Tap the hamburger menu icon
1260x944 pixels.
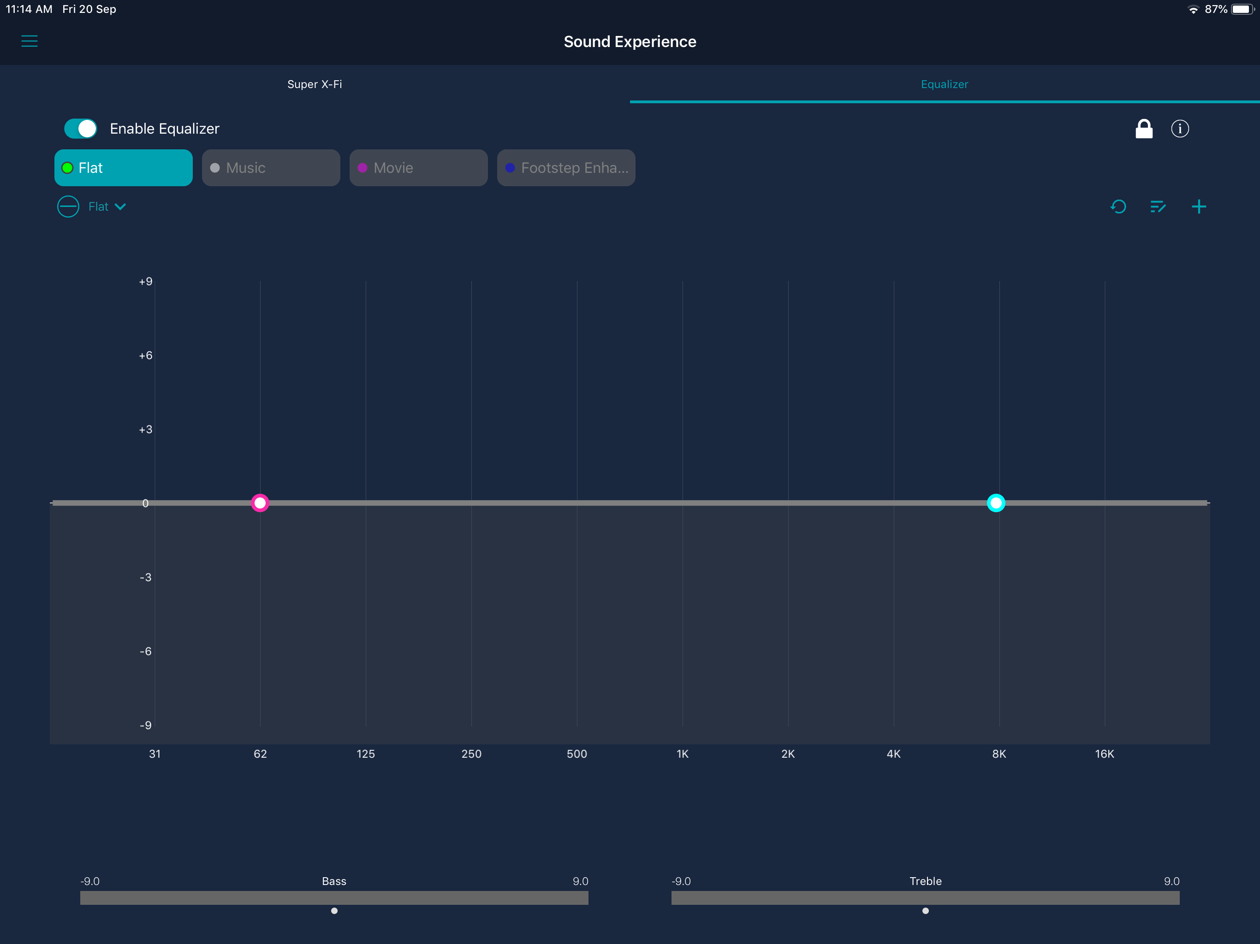(30, 41)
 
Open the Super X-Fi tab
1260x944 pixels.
(315, 84)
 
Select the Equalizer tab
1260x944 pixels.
(945, 84)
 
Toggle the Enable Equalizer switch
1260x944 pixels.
(80, 129)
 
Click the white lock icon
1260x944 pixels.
(1144, 129)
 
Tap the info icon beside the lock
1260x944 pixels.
(1180, 129)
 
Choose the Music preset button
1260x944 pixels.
(271, 168)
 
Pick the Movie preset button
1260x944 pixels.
(419, 168)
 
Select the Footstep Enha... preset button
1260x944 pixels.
(566, 168)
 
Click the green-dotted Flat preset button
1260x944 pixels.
(124, 168)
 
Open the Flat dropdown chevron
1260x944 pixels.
(120, 206)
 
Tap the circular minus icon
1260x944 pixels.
(68, 206)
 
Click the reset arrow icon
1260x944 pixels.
(1118, 206)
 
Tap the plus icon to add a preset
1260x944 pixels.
(1199, 206)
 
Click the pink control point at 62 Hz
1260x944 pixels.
(260, 503)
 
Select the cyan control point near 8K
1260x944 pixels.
(996, 503)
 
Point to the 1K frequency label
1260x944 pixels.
(683, 754)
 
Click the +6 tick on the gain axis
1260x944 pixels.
(146, 355)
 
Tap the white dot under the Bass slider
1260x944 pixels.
(334, 911)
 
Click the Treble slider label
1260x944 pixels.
(926, 881)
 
